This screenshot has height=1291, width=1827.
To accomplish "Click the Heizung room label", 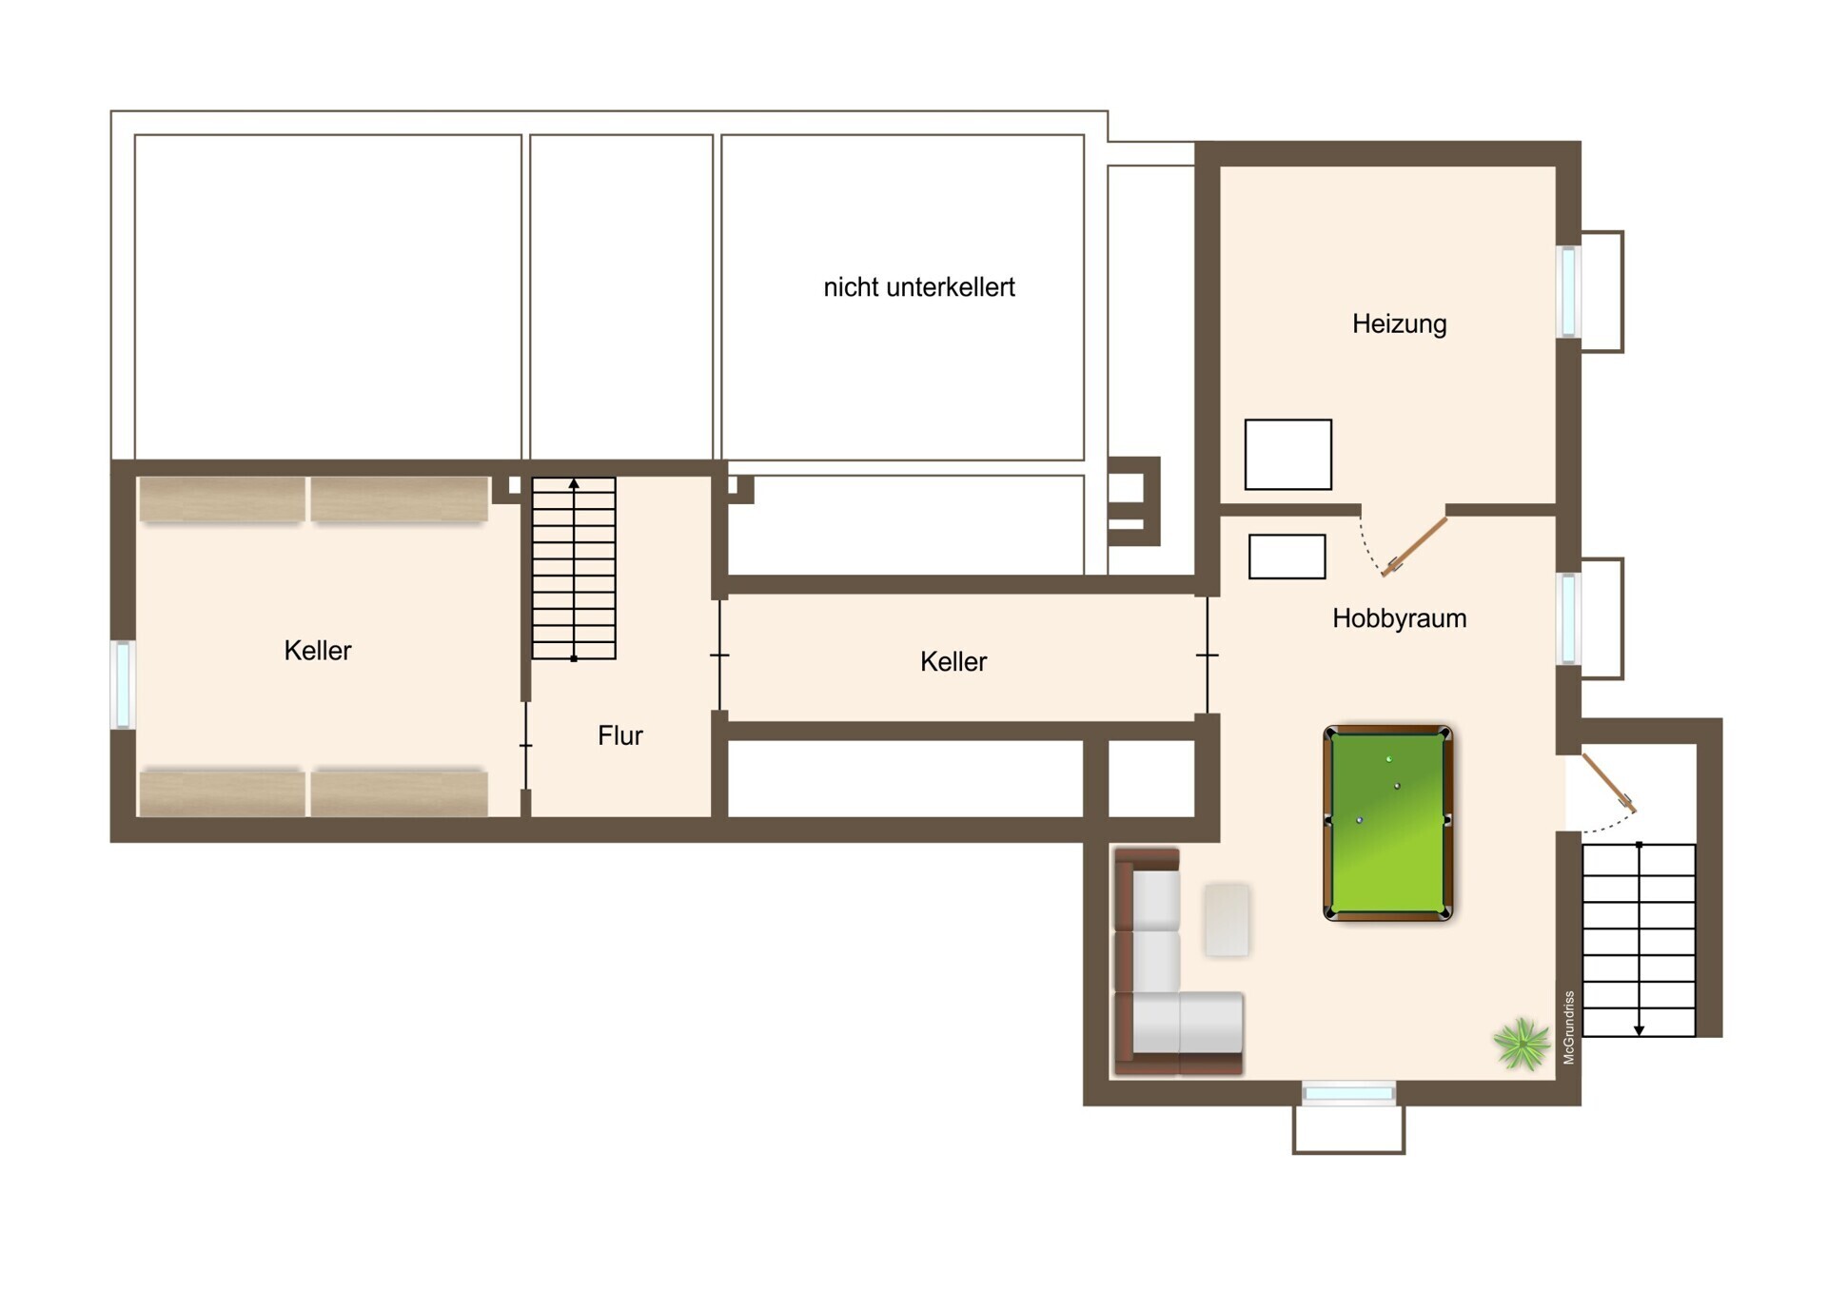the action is pyautogui.click(x=1399, y=324).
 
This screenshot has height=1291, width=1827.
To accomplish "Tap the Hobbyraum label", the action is pyautogui.click(x=1399, y=618).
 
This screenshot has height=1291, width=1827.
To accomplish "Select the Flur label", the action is pyautogui.click(x=620, y=735).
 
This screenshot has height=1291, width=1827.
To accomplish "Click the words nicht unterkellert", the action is pyautogui.click(x=919, y=287).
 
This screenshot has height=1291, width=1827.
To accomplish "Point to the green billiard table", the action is pyautogui.click(x=1388, y=824).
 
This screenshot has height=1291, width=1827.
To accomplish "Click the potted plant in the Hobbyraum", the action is pyautogui.click(x=1521, y=1044).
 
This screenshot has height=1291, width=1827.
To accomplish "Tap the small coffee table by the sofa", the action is pyautogui.click(x=1227, y=919).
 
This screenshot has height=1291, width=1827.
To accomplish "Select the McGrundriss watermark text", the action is pyautogui.click(x=1569, y=1027).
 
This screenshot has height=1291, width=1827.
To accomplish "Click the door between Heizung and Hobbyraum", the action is pyautogui.click(x=1414, y=546).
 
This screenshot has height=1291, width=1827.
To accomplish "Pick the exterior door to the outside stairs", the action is pyautogui.click(x=1609, y=783).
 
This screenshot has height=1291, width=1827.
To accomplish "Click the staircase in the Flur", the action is pyautogui.click(x=574, y=568).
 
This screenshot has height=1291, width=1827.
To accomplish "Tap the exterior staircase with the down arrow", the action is pyautogui.click(x=1639, y=939).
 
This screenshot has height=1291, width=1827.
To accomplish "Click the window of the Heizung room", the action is pyautogui.click(x=1568, y=291).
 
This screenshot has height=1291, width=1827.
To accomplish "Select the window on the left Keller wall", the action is pyautogui.click(x=123, y=685).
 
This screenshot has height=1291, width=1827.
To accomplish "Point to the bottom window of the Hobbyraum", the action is pyautogui.click(x=1348, y=1093).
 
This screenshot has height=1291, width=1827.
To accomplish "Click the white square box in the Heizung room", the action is pyautogui.click(x=1287, y=455).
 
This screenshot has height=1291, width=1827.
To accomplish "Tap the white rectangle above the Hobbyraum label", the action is pyautogui.click(x=1287, y=557).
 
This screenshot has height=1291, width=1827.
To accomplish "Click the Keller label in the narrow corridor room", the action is pyautogui.click(x=953, y=662).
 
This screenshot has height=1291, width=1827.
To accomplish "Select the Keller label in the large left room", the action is pyautogui.click(x=318, y=651).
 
